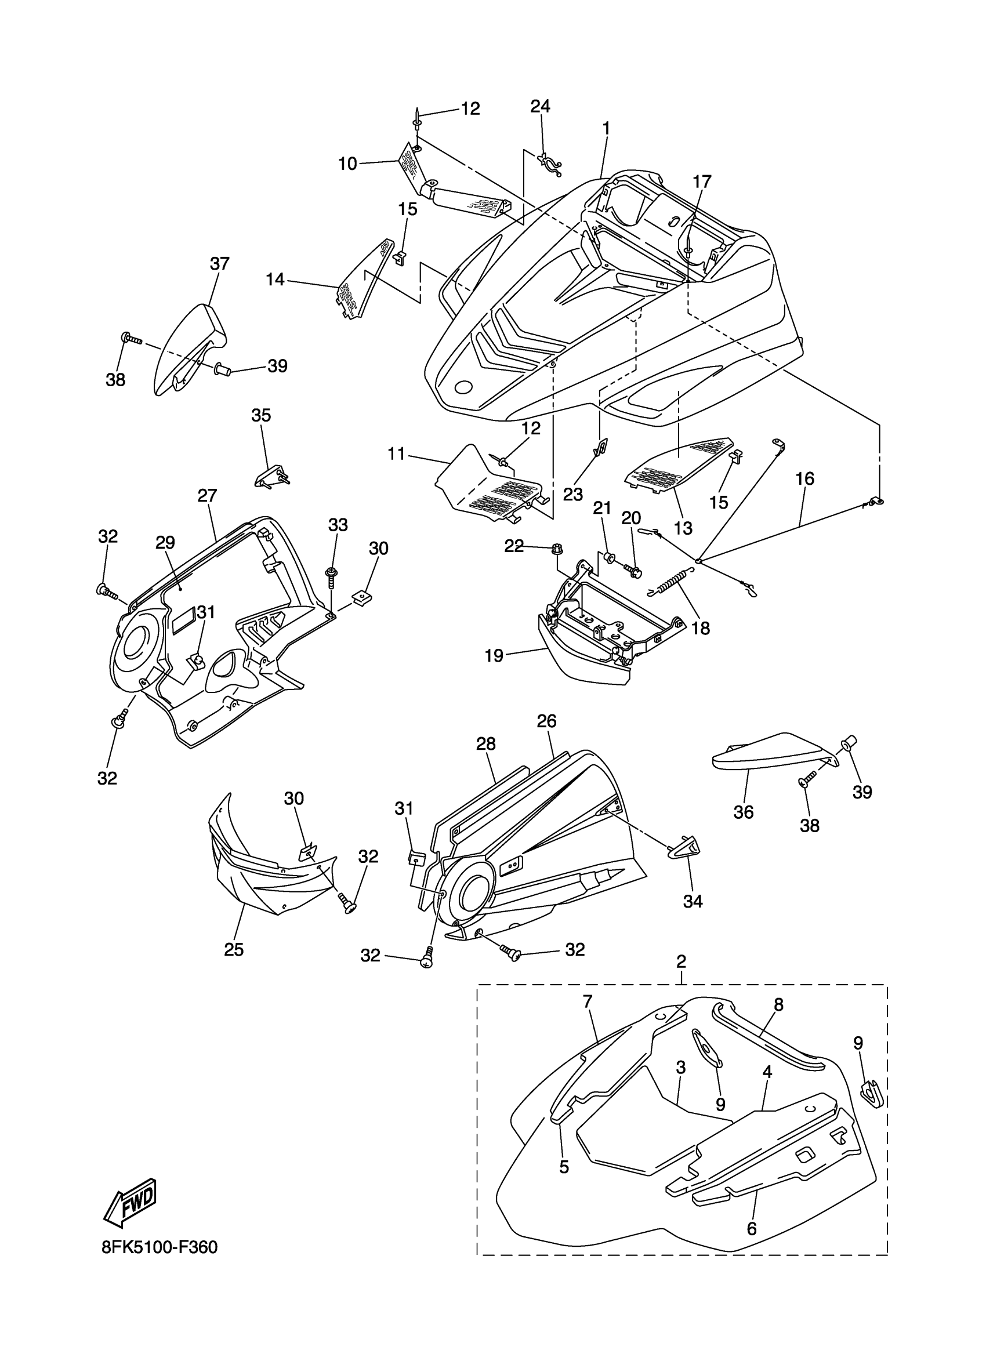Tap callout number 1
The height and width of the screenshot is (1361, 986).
tap(606, 128)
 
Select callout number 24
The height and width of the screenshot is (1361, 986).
tap(540, 106)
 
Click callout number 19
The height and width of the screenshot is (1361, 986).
tap(494, 656)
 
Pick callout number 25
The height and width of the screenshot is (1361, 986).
tap(234, 950)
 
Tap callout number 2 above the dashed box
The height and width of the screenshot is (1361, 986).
tap(681, 961)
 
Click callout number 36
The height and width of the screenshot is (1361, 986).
tap(744, 812)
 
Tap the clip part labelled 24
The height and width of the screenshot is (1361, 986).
tap(549, 163)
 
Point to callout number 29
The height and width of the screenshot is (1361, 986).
tap(165, 542)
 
